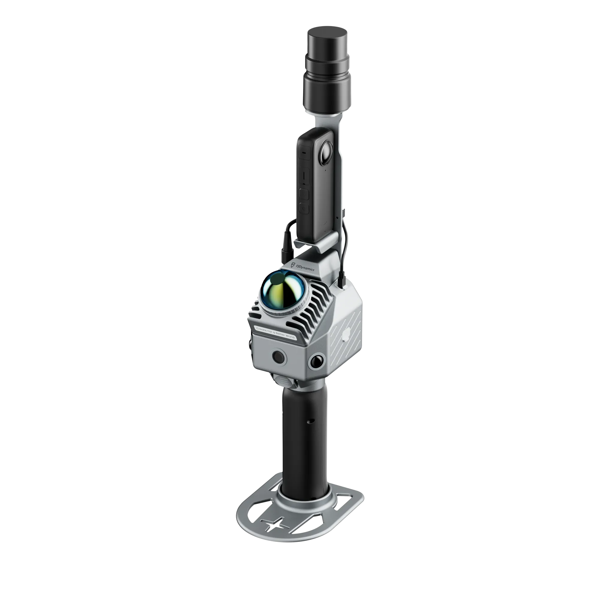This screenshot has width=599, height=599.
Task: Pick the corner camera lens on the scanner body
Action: point(317,361)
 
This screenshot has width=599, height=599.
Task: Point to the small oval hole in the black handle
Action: point(311,421)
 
